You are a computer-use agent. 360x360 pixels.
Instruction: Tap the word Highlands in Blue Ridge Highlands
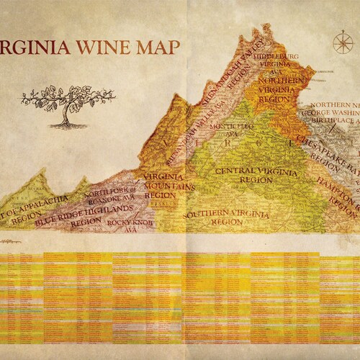(108, 212)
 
